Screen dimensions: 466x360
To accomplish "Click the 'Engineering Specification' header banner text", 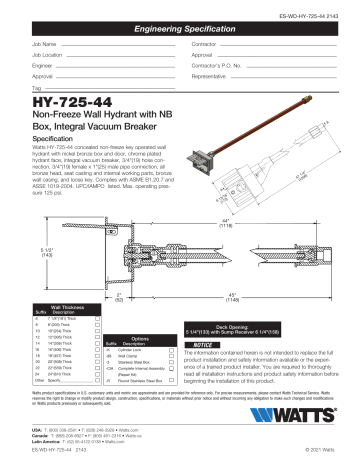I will [x=179, y=33].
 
